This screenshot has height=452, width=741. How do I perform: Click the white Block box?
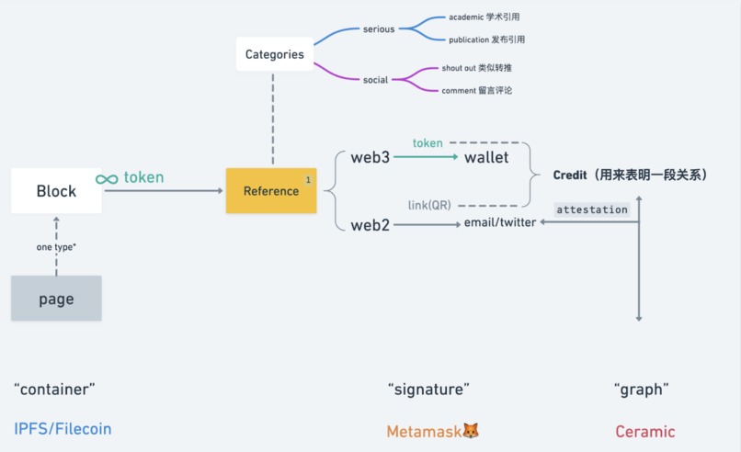pyautogui.click(x=56, y=191)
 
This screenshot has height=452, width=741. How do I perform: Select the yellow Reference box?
pyautogui.click(x=271, y=191)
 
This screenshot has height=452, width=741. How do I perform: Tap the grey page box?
pyautogui.click(x=56, y=299)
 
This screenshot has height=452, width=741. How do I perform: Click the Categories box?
pyautogui.click(x=274, y=54)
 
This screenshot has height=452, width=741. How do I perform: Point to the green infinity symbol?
pyautogui.click(x=107, y=178)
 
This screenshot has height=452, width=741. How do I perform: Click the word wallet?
pyautogui.click(x=486, y=157)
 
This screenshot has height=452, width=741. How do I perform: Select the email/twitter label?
pyautogui.click(x=500, y=222)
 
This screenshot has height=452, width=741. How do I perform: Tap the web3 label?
pyautogui.click(x=370, y=157)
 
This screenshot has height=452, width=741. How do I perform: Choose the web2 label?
pyautogui.click(x=370, y=225)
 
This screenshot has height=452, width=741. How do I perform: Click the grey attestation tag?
pyautogui.click(x=592, y=209)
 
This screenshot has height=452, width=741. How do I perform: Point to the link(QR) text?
pyautogui.click(x=429, y=205)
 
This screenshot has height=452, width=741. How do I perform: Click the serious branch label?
pyautogui.click(x=378, y=29)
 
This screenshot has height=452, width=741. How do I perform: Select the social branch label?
pyautogui.click(x=375, y=80)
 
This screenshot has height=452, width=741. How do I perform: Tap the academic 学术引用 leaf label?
pyautogui.click(x=484, y=17)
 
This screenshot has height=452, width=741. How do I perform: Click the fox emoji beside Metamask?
pyautogui.click(x=470, y=431)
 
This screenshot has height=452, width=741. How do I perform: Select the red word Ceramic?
pyautogui.click(x=644, y=431)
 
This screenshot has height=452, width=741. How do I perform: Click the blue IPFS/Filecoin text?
pyautogui.click(x=63, y=429)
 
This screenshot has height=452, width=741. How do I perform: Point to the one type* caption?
pyautogui.click(x=56, y=247)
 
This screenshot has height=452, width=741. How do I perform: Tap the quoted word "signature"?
pyautogui.click(x=428, y=390)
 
